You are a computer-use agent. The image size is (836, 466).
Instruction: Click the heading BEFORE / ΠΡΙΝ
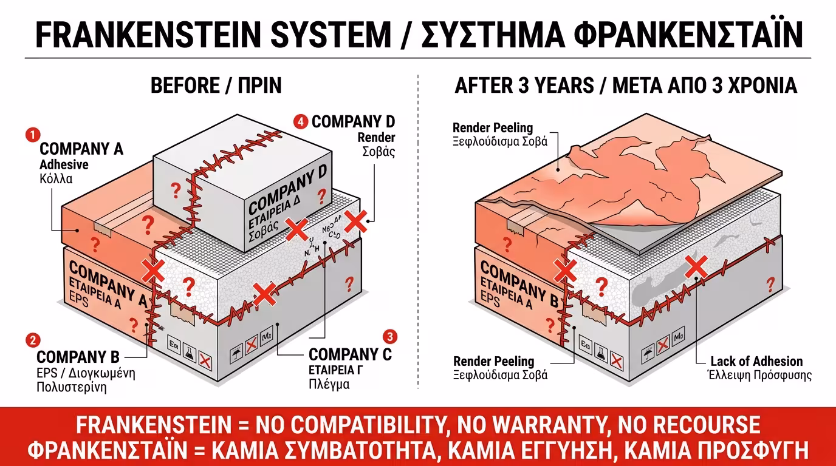tap(216, 86)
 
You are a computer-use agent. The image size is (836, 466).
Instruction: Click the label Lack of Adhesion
tap(756, 362)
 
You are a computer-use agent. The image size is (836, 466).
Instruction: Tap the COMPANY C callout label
tap(350, 354)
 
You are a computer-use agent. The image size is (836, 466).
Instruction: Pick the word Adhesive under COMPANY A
tap(64, 164)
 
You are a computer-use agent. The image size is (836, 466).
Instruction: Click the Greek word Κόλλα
tap(56, 178)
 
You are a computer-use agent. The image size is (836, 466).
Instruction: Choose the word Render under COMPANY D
tap(376, 137)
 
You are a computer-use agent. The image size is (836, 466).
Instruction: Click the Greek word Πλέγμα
tap(329, 384)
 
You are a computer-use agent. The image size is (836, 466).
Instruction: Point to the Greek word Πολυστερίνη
tap(71, 387)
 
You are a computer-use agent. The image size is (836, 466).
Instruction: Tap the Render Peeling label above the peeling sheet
tap(493, 128)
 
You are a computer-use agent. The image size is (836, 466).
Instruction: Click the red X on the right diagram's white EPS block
tap(696, 266)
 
